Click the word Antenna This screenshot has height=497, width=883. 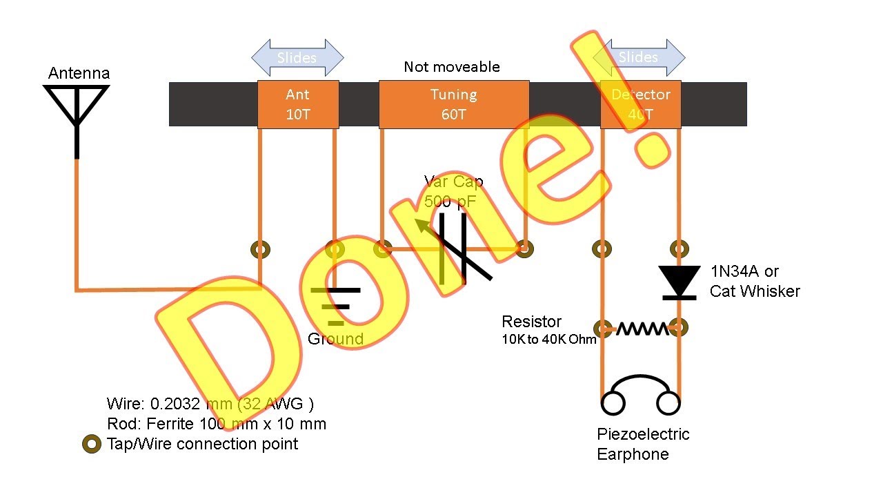pos(79,73)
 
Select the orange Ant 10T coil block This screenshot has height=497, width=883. pos(298,104)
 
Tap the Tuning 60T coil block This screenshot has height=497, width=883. pos(454,104)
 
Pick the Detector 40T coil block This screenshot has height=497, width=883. pos(641,104)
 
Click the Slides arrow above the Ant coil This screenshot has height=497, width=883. pos(297,57)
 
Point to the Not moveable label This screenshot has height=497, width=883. pos(452,67)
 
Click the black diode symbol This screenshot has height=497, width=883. pos(679,283)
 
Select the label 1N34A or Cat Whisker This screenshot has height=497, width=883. pos(755,281)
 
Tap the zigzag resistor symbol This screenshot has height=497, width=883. pos(642,329)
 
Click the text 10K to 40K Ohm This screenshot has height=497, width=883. pos(548,339)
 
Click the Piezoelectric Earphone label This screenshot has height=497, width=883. pos(643,444)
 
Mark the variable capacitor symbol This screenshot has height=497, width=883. pos(453,248)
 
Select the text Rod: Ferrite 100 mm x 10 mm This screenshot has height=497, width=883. pos(217,424)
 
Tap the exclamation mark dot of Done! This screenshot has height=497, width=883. pos(653,150)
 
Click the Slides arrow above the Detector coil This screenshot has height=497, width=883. pos(639,57)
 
